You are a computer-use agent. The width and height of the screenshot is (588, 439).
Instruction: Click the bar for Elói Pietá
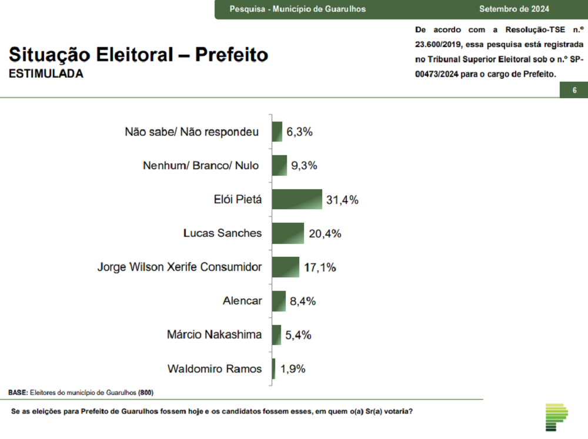tap(297, 199)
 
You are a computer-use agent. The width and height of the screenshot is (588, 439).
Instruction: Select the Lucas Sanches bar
tap(288, 233)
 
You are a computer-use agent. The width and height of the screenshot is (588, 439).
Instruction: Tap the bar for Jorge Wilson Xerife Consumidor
tap(286, 267)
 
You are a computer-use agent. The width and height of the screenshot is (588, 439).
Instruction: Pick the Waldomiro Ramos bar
tap(274, 369)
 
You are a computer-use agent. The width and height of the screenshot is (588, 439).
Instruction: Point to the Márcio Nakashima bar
tap(276, 335)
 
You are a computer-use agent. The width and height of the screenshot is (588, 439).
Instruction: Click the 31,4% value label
tap(342, 200)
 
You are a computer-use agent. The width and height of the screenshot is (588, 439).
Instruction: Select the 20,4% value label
tap(325, 234)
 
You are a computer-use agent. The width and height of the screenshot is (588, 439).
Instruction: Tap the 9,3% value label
tap(304, 166)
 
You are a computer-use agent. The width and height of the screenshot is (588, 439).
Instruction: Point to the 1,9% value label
tap(292, 369)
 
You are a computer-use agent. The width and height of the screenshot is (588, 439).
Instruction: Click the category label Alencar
tap(242, 301)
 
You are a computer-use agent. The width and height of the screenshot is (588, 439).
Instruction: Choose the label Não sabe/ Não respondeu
tap(192, 132)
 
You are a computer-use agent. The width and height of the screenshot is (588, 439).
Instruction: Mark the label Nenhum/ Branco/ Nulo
tap(201, 166)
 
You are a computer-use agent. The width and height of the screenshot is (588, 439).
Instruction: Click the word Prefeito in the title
tap(232, 55)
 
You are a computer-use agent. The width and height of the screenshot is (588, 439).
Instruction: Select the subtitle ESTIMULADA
tap(46, 75)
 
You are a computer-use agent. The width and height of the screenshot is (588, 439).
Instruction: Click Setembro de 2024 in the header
tap(514, 9)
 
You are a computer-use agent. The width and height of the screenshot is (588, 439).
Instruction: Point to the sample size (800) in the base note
tap(147, 392)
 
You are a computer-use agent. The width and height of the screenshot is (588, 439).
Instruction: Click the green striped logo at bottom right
tap(556, 417)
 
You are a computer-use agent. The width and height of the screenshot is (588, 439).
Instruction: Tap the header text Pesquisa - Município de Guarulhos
tap(298, 9)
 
